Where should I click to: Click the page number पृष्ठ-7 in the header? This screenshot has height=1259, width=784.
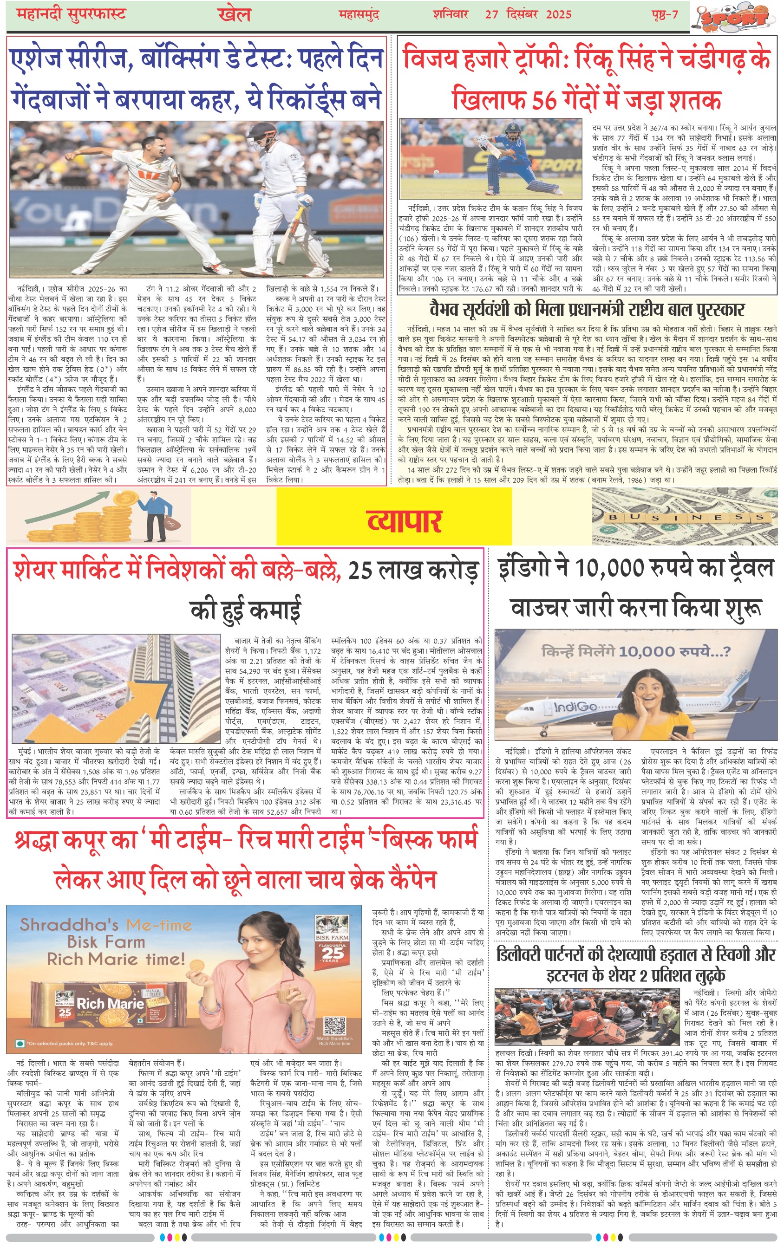pos(665,14)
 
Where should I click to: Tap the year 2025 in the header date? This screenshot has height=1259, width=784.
pos(558,14)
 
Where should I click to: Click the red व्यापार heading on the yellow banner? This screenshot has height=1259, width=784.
pos(404,522)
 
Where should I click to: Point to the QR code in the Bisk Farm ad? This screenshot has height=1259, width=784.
pos(334,1025)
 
